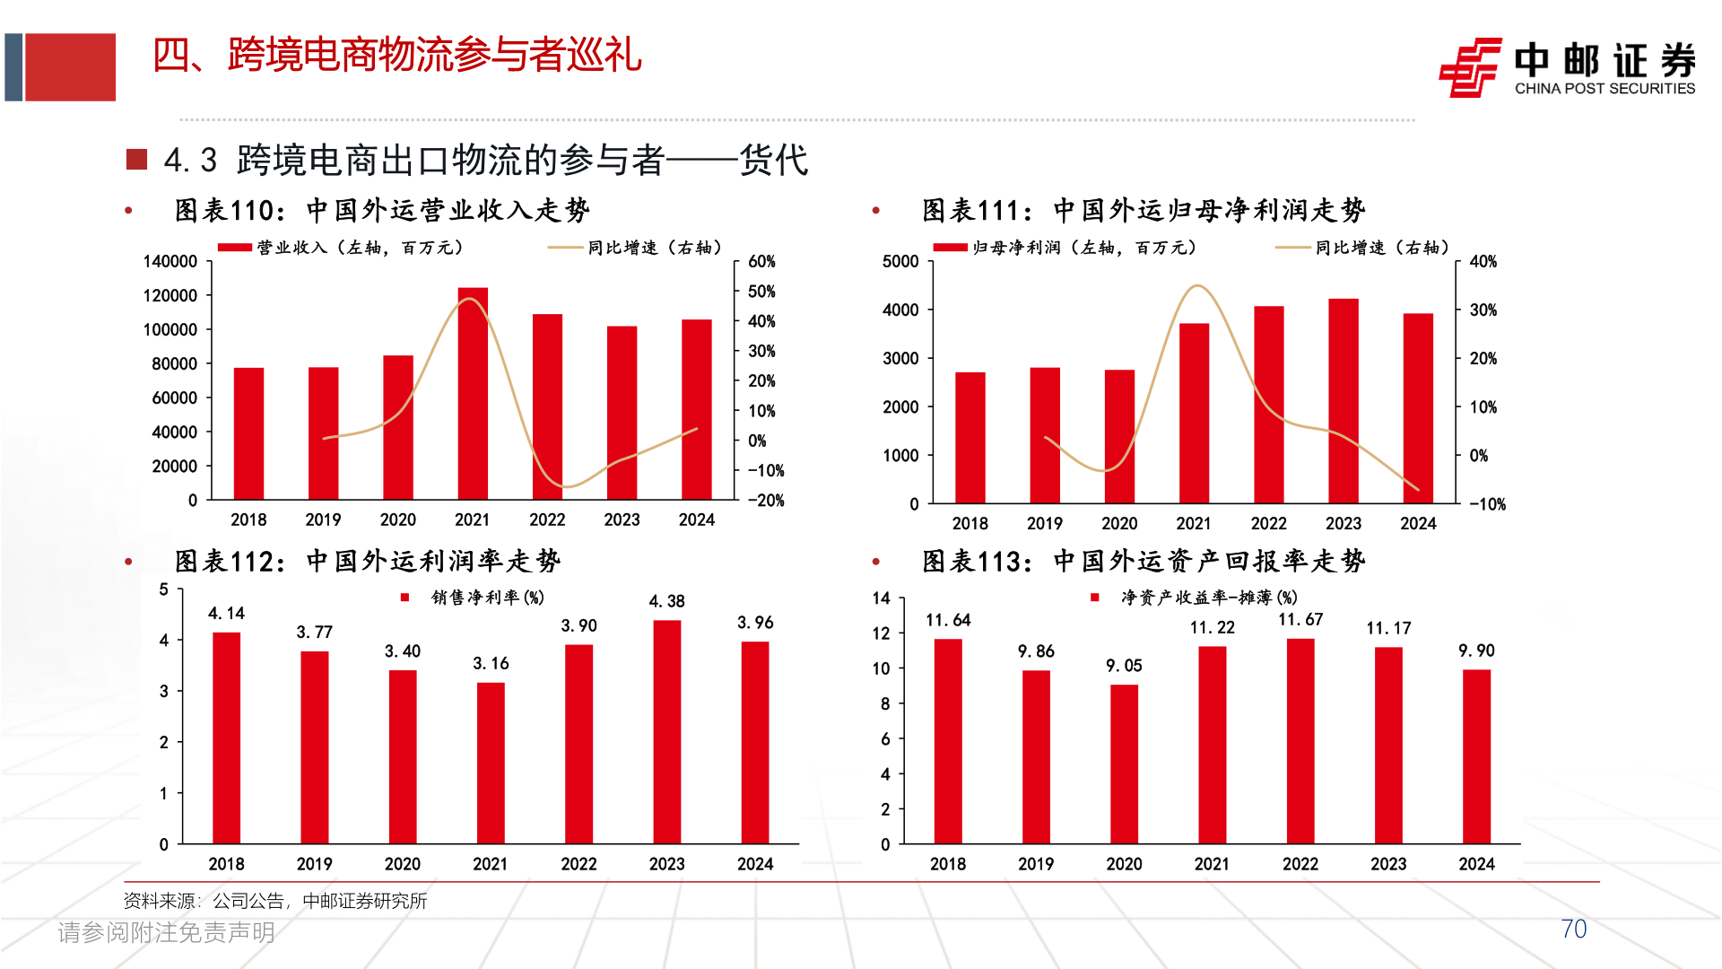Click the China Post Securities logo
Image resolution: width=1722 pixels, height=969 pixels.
click(1567, 67)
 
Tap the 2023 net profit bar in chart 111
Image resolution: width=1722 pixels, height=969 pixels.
click(1343, 400)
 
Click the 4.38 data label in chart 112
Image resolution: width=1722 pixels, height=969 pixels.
click(666, 601)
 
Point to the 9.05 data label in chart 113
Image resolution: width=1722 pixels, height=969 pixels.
click(1124, 666)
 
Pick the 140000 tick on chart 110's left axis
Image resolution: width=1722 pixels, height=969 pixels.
click(170, 262)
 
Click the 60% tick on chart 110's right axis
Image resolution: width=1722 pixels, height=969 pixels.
click(761, 262)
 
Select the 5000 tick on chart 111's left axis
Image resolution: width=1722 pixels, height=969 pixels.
click(900, 262)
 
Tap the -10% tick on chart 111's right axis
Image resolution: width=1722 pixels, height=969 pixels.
click(1487, 504)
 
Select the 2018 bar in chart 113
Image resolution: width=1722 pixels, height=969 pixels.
click(948, 740)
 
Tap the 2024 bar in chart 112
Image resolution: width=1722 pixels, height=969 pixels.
click(755, 742)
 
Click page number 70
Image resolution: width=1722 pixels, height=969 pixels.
click(1573, 930)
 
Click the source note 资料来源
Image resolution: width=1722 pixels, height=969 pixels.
click(275, 901)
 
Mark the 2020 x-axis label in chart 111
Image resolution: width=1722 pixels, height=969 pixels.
click(1119, 524)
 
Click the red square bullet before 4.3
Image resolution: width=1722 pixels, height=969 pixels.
click(136, 160)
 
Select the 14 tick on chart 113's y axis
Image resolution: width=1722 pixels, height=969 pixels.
click(882, 598)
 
